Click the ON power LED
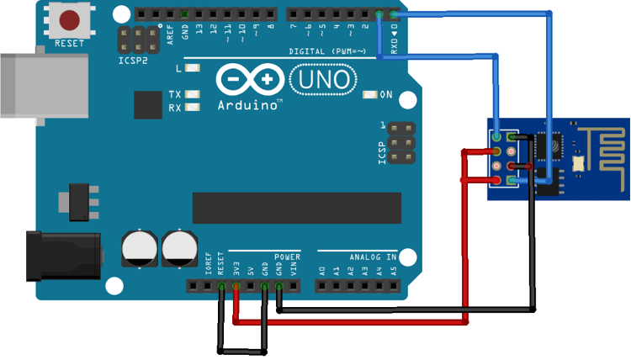369,95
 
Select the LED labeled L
194,68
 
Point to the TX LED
194,94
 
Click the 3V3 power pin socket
236,287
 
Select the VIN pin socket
294,287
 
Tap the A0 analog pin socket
322,287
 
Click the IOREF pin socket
207,287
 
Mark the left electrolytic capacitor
138,248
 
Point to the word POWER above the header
287,256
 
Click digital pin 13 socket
199,14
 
